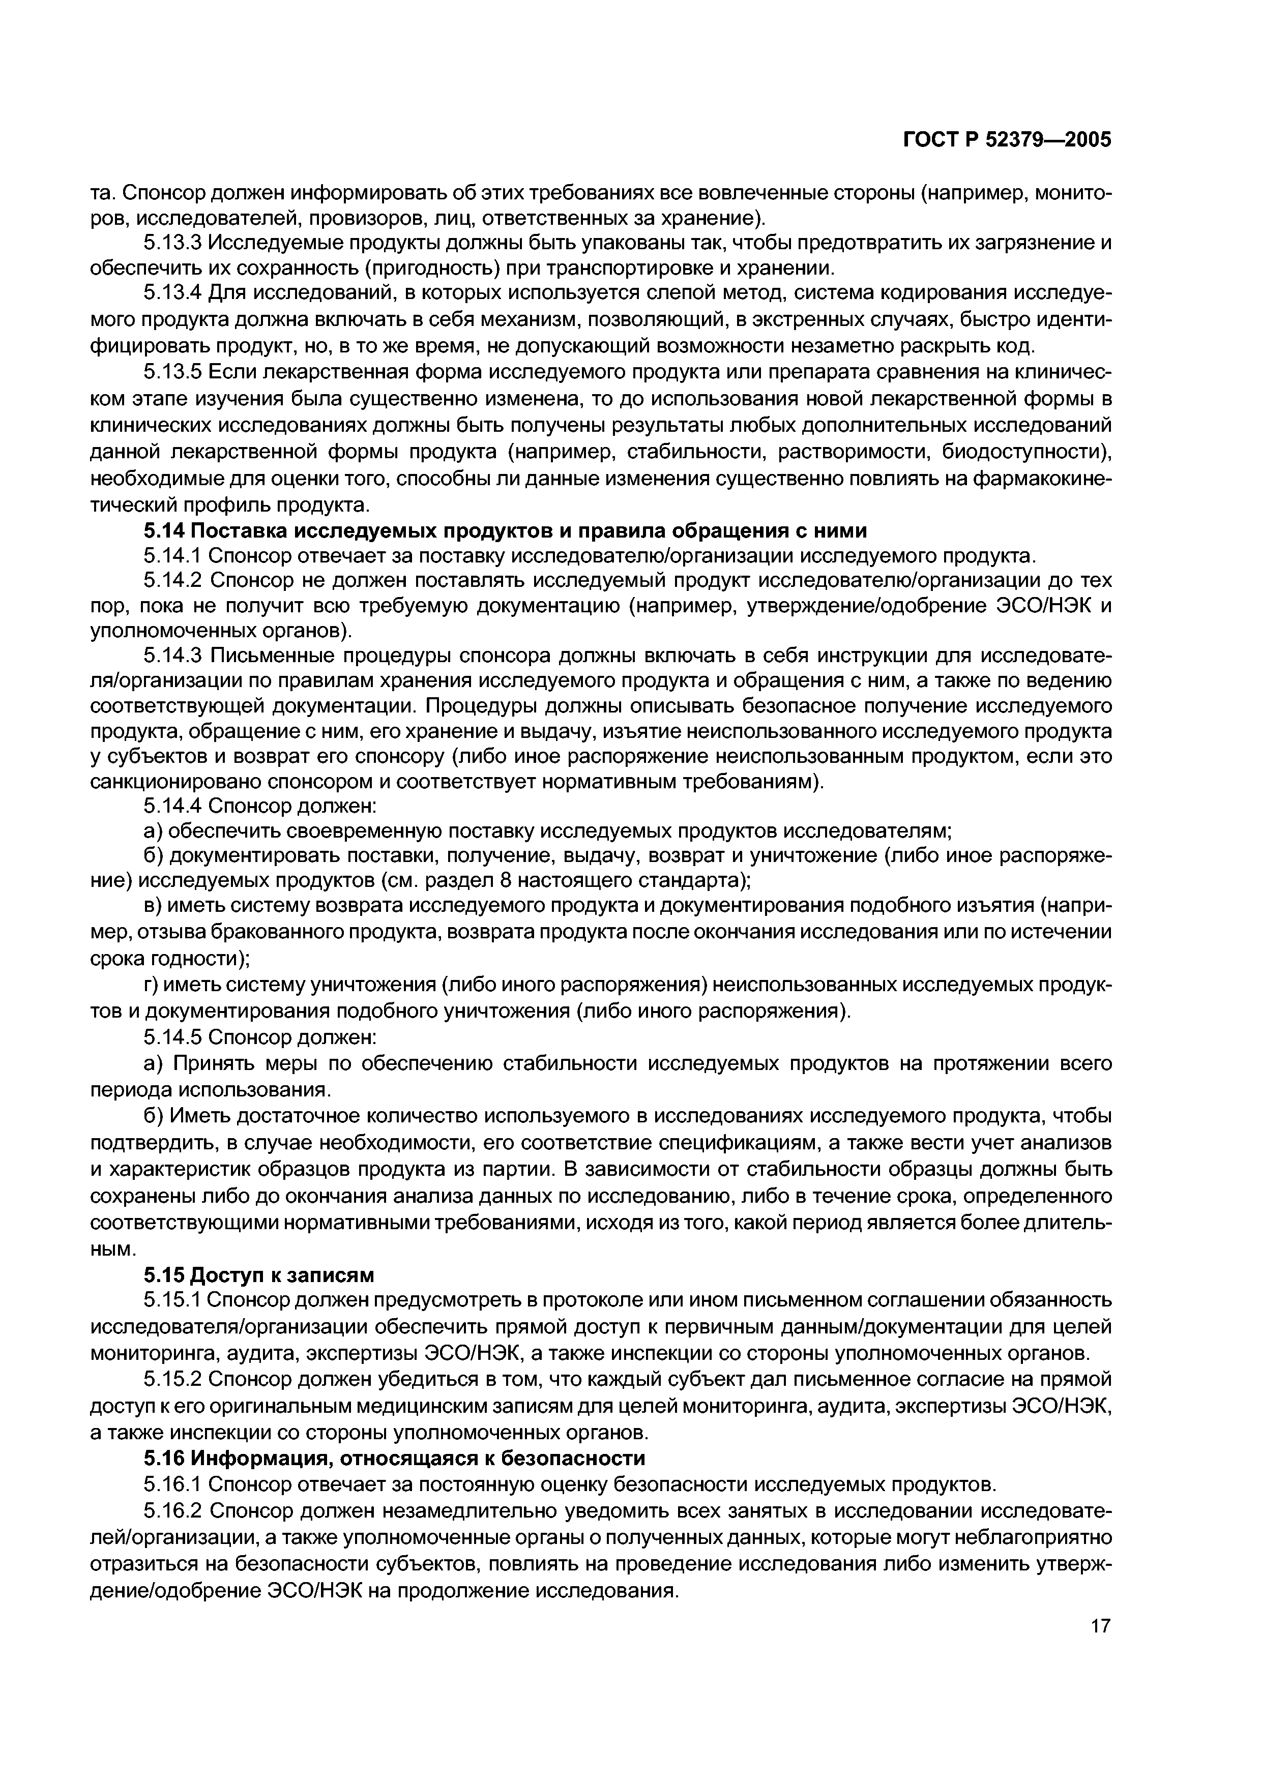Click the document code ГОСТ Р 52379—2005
tap(1008, 140)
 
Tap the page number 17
tap(1100, 1647)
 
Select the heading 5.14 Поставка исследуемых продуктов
tap(505, 531)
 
